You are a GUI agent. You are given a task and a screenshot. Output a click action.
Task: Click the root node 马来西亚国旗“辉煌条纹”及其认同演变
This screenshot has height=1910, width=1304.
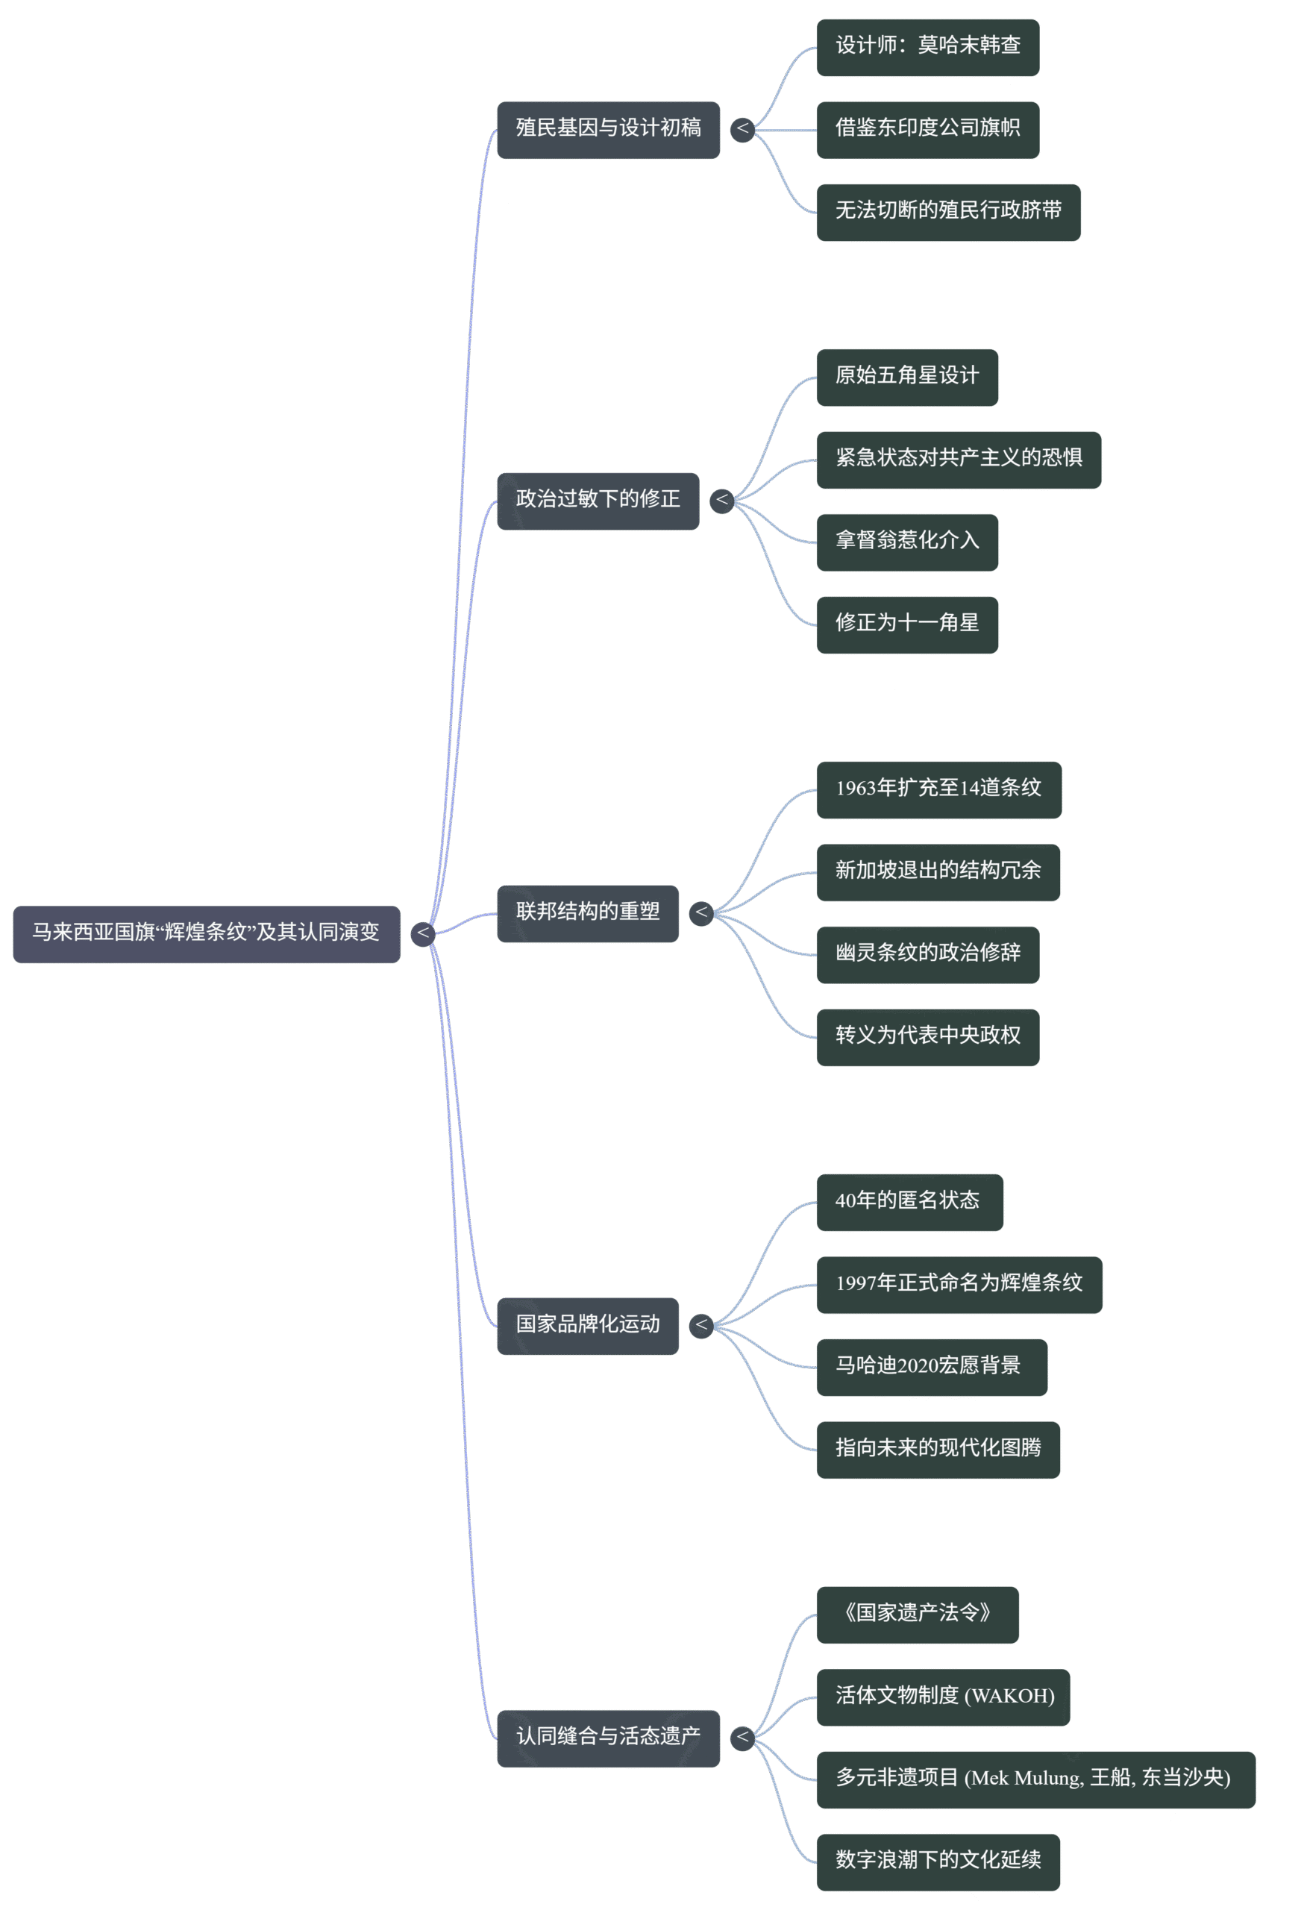pos(206,933)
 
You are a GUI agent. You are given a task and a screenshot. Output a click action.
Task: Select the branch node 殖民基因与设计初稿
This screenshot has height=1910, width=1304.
pos(608,130)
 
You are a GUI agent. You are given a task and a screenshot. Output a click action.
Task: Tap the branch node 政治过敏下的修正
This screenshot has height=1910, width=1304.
pos(598,501)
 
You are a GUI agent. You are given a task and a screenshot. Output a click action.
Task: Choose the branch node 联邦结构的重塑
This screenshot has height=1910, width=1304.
pos(588,913)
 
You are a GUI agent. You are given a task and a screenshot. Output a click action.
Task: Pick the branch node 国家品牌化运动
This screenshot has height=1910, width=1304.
pos(588,1326)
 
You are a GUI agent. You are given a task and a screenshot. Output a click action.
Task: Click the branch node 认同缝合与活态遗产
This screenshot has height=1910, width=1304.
pos(608,1738)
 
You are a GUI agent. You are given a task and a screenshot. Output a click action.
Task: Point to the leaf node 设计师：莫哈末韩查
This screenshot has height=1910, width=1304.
pos(928,48)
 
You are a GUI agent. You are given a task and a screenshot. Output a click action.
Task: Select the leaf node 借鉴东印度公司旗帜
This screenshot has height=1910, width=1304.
pos(928,130)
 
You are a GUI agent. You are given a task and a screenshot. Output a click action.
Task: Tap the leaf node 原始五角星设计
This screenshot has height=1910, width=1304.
pos(907,378)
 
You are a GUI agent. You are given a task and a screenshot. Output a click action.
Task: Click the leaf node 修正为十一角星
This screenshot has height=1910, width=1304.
pos(907,624)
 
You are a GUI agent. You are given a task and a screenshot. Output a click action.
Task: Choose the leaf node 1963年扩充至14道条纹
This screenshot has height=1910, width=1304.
pos(939,790)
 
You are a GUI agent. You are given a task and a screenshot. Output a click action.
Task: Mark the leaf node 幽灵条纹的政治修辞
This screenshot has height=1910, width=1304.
pos(928,955)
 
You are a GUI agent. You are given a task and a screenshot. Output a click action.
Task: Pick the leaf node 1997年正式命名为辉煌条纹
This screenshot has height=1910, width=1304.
pos(959,1285)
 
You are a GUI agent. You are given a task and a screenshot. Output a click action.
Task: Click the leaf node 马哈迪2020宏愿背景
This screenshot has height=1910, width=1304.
pos(932,1368)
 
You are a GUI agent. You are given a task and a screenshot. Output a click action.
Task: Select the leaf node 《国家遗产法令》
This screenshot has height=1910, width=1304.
pos(918,1615)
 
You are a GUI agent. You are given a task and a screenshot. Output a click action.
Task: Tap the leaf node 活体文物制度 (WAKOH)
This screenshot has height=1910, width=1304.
pos(943,1697)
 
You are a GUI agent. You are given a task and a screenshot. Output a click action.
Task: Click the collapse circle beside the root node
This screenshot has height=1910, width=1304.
pos(422,933)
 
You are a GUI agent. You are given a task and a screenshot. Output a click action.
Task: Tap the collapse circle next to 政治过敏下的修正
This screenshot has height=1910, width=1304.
pos(721,501)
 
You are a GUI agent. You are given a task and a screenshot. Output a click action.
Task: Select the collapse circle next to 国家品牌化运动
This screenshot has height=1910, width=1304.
pos(701,1326)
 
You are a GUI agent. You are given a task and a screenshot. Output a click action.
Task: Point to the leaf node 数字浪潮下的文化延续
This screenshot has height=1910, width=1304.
pos(938,1862)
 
